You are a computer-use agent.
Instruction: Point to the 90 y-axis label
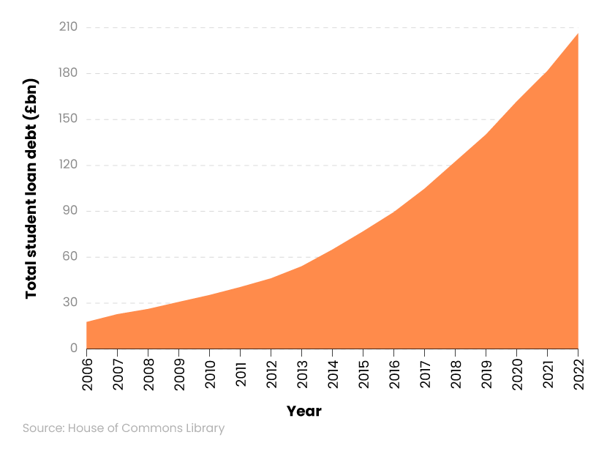point(70,211)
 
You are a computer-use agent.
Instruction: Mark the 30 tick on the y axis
point(70,302)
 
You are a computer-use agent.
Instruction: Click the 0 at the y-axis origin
point(74,349)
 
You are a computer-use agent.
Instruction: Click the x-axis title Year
point(303,412)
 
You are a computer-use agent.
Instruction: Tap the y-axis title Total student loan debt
point(31,188)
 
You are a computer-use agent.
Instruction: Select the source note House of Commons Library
point(124,428)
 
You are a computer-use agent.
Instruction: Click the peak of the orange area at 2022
point(578,34)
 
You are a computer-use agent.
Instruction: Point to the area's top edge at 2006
point(87,322)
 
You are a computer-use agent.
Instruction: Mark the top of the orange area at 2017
point(424,189)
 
